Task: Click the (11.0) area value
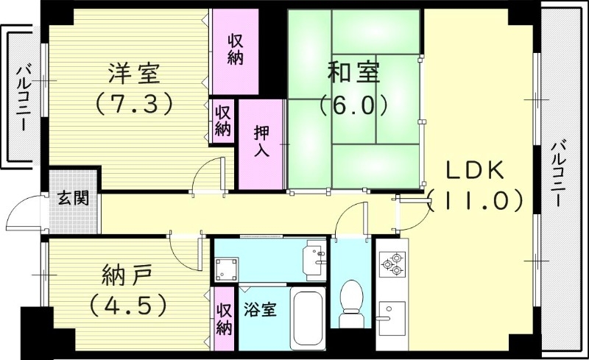click(475, 200)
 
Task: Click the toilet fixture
click(353, 303)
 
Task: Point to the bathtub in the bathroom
click(309, 320)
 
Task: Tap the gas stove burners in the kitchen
click(392, 263)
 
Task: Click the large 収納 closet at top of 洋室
click(235, 50)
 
